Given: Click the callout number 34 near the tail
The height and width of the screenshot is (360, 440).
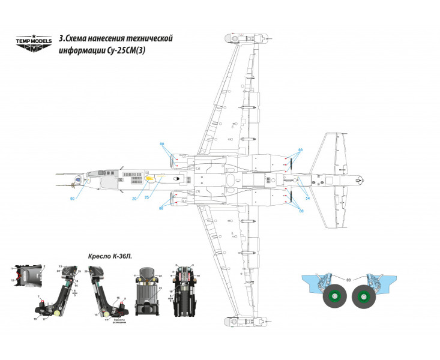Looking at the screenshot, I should tap(307, 198).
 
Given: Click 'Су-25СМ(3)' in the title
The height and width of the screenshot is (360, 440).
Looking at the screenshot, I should tap(125, 51).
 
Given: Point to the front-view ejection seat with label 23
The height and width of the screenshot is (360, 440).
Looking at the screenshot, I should tap(148, 292).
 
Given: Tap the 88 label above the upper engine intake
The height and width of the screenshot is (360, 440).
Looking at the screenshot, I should tap(161, 145).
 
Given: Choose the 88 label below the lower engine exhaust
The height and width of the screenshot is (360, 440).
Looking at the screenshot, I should tap(301, 212).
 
